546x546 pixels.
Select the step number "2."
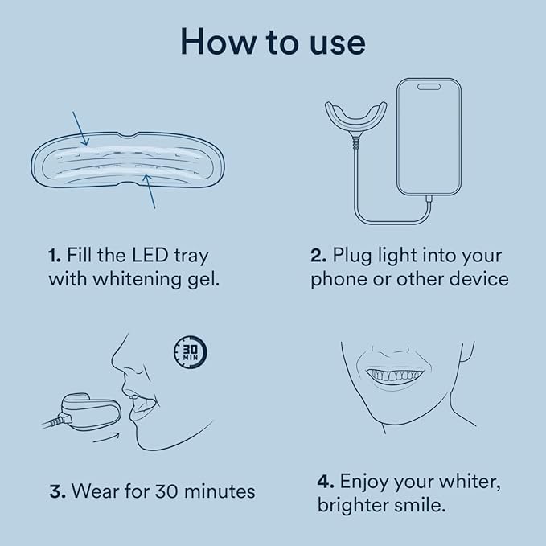318,257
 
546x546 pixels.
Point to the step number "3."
57,491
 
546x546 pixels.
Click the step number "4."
325,482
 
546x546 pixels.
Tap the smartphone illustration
429,137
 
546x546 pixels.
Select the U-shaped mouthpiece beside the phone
354,121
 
